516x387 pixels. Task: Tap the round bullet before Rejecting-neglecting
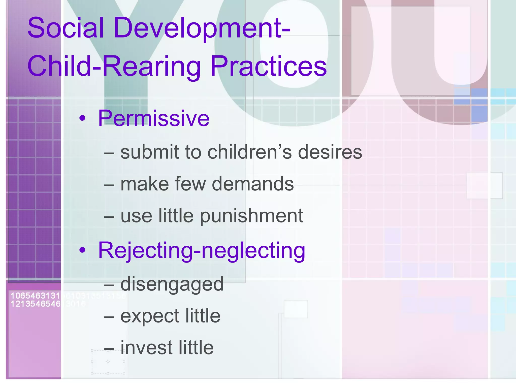click(82, 250)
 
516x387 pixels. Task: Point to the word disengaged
click(172, 284)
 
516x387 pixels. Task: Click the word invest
click(146, 348)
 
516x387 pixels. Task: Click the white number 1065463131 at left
click(35, 296)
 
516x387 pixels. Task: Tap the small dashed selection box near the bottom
click(108, 362)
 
